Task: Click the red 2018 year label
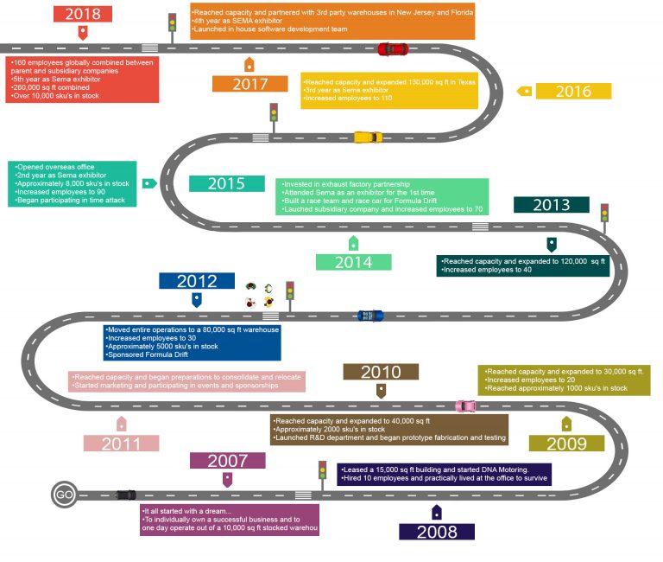point(83,14)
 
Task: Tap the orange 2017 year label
point(249,84)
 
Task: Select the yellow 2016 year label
point(573,91)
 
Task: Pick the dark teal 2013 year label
point(552,205)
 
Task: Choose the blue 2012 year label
point(197,281)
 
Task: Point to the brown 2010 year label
point(381,372)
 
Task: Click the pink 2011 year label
point(121,444)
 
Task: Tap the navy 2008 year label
point(437,532)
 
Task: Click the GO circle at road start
point(64,495)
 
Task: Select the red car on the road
point(393,49)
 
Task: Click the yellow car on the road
point(368,137)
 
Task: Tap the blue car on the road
point(370,316)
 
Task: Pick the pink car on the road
point(465,406)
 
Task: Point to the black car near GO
point(126,495)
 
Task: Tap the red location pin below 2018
point(83,33)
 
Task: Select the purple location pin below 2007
point(228,480)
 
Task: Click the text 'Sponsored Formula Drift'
point(148,354)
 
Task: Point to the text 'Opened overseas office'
point(56,167)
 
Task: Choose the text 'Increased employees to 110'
point(349,98)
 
